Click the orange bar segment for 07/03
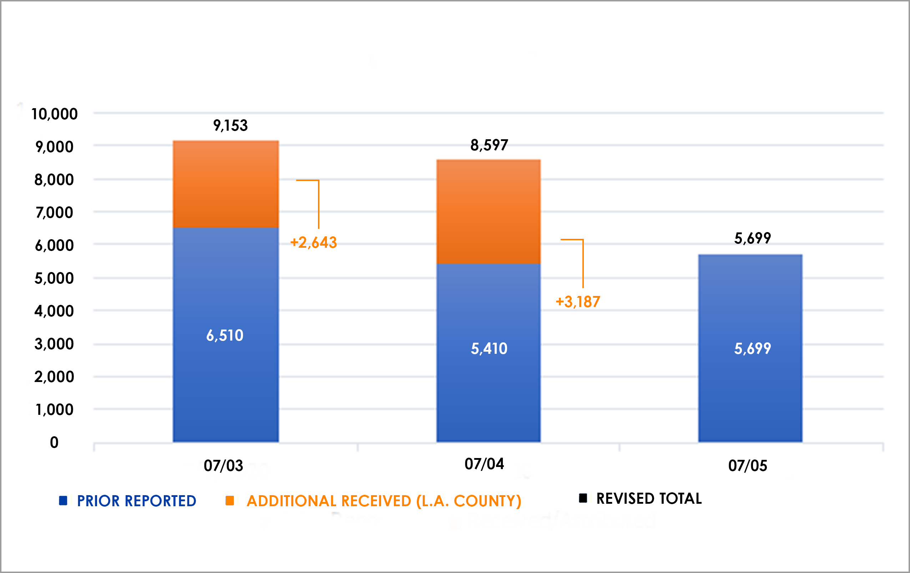(x=226, y=184)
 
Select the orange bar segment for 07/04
(x=488, y=212)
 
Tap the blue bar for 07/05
(x=750, y=348)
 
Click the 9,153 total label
(x=230, y=125)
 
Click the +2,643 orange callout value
(x=313, y=243)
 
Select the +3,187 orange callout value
(x=578, y=302)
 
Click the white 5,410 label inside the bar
(x=489, y=348)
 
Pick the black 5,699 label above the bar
(x=752, y=238)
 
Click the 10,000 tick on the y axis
(x=54, y=114)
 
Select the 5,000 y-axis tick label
(x=54, y=278)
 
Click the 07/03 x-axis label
(x=223, y=466)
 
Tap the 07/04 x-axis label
(x=484, y=464)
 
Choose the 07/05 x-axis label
(x=748, y=466)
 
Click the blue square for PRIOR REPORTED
(x=63, y=501)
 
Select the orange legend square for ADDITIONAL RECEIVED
(x=229, y=501)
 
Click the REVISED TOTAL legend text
(x=649, y=498)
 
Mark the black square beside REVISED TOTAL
(x=583, y=498)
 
